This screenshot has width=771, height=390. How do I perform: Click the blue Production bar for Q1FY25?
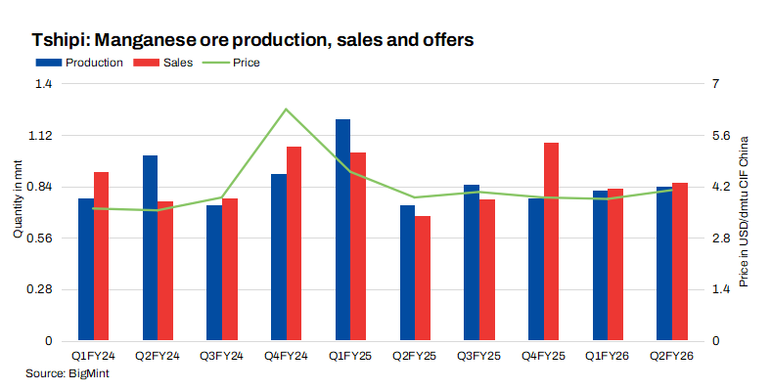(x=342, y=230)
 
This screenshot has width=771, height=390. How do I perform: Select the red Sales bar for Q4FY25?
(x=551, y=241)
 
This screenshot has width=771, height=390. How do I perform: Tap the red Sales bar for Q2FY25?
(x=422, y=279)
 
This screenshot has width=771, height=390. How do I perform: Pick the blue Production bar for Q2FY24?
(x=150, y=248)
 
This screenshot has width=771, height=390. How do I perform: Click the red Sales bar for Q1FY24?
(x=101, y=256)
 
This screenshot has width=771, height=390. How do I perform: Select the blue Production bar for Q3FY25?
(x=471, y=262)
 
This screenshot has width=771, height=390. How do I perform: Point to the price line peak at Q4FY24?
(x=286, y=109)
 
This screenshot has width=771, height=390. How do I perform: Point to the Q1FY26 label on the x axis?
(x=607, y=358)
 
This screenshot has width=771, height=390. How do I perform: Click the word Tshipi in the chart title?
(x=60, y=40)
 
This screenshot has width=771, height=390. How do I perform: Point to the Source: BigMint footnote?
(x=67, y=374)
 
